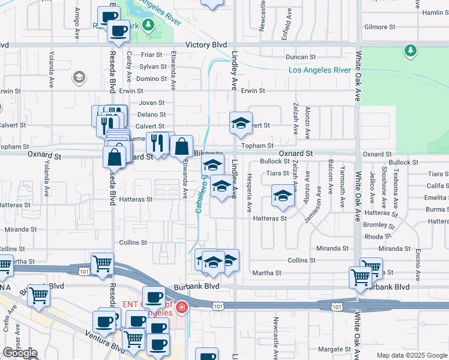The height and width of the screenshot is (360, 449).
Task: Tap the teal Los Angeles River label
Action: [319, 70]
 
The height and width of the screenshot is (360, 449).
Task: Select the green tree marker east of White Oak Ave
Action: [411, 50]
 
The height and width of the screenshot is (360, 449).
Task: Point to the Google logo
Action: [20, 353]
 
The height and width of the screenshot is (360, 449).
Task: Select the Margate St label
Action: [334, 349]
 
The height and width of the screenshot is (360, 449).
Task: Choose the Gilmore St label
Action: [379, 27]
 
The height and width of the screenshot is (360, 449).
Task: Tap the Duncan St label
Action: [301, 57]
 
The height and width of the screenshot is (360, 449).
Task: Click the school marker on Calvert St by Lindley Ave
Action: [241, 123]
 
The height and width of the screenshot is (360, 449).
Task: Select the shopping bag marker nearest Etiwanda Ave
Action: [181, 146]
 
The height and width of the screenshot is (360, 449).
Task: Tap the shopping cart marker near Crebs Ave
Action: [38, 295]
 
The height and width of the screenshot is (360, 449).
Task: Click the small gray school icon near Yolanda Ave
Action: [79, 77]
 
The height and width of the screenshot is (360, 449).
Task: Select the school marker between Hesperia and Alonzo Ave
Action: [283, 195]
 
